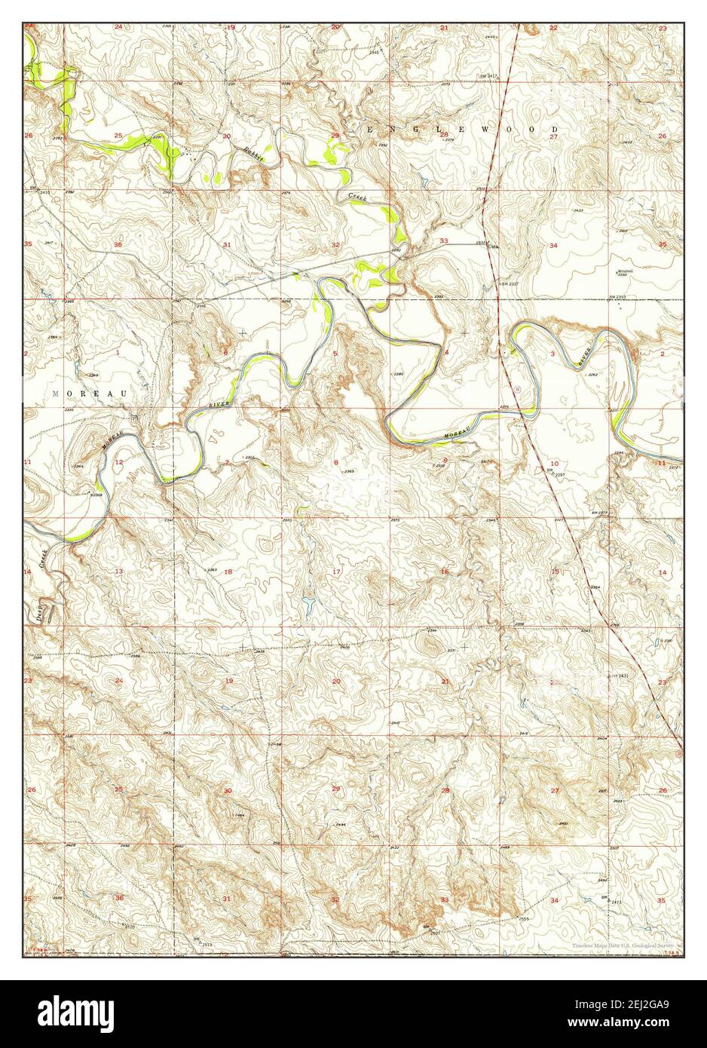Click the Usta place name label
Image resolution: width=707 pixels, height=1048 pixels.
[494, 246]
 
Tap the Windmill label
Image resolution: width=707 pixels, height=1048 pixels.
[625, 271]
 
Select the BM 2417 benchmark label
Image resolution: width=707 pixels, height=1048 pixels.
[491, 77]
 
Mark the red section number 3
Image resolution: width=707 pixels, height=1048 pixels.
[552, 354]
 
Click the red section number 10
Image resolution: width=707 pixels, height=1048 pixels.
[554, 463]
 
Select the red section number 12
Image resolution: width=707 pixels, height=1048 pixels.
[118, 461]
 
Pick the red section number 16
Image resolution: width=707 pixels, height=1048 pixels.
[445, 572]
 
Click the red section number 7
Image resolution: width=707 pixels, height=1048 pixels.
[227, 462]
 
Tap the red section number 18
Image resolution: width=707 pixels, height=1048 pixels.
[228, 572]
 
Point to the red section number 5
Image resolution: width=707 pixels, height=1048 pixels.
[335, 354]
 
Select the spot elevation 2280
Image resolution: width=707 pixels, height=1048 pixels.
[398, 374]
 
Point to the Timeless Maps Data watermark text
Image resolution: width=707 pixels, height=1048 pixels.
[625, 944]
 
